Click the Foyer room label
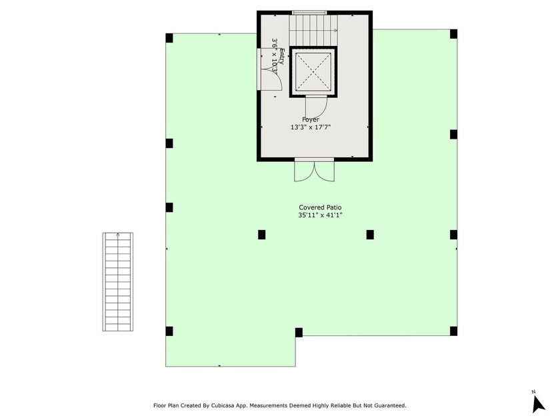point(311,119)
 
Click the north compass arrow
point(538,403)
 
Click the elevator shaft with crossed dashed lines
point(313,73)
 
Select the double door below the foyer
point(315,171)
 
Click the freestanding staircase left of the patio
point(117,282)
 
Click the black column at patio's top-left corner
point(169,37)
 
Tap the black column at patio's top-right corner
point(453,34)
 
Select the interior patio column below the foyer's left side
point(262,234)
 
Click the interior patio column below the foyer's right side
point(369,234)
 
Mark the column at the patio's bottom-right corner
point(453,331)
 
